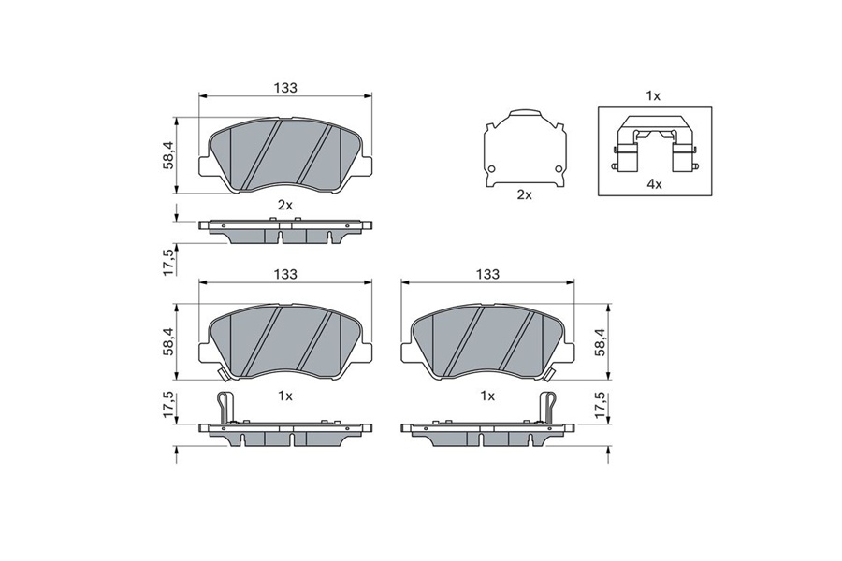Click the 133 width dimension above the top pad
pos(285,88)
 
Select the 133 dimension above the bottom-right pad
pos(487,274)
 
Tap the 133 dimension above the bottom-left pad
pos(285,274)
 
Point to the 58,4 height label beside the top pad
pos(167,156)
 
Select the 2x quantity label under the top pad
pos(284,205)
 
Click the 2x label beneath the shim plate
pos(524,194)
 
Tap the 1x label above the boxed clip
pos(653,96)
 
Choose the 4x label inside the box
pos(654,185)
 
